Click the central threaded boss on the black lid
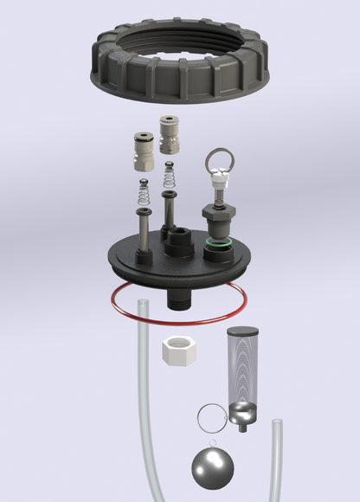tap(179, 241)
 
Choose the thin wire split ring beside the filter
tap(211, 417)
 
